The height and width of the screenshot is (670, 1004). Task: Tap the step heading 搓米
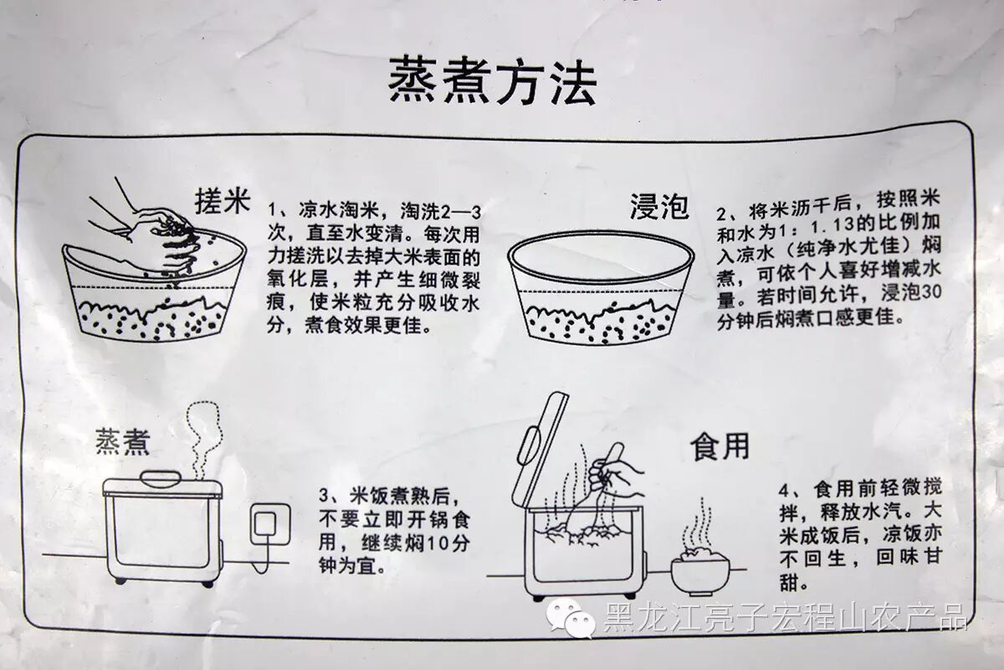(223, 202)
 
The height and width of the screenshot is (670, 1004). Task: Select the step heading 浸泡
(659, 206)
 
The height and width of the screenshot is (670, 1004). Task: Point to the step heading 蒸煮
(122, 441)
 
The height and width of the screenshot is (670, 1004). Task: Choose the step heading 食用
(720, 446)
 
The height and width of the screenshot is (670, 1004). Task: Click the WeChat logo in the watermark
(570, 619)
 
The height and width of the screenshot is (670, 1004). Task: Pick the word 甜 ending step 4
(789, 583)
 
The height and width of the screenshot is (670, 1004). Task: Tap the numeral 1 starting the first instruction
(272, 210)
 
